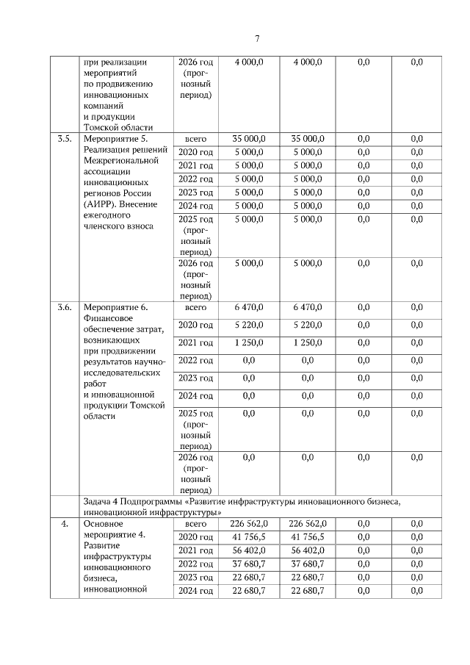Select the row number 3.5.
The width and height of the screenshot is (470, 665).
point(65,139)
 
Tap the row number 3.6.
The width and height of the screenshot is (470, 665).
point(65,307)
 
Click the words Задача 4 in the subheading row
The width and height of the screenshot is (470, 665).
point(101,500)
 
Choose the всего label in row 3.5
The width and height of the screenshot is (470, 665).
point(195,139)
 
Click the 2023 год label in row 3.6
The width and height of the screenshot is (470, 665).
point(195,378)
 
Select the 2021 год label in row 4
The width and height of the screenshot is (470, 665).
point(195,550)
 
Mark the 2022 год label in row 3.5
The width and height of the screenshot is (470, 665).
point(195,179)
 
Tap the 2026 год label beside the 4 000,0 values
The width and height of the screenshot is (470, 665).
point(195,62)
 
